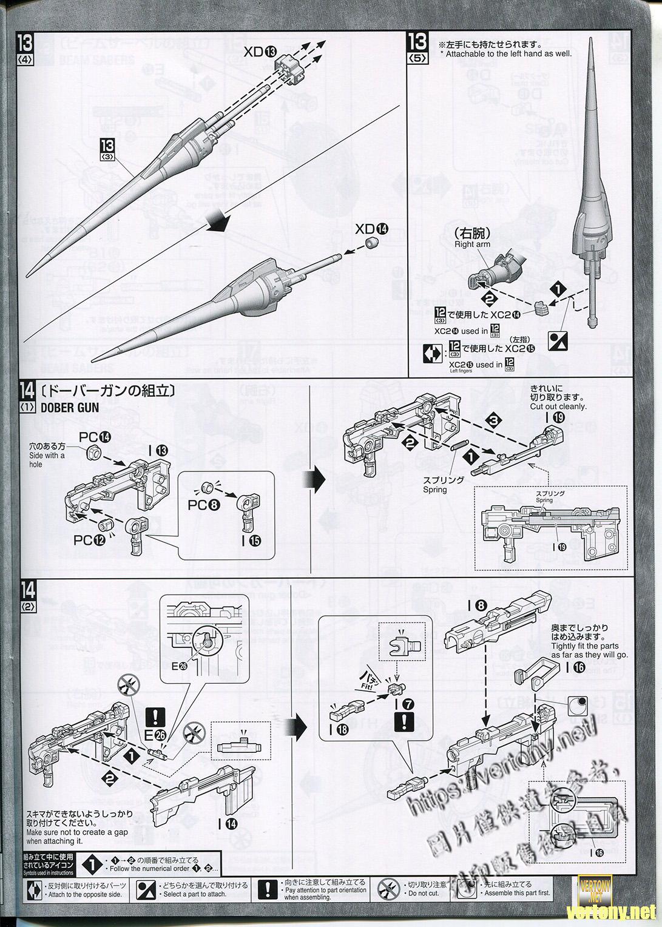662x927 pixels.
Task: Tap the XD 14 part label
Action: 371,229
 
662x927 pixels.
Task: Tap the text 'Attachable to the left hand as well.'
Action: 508,54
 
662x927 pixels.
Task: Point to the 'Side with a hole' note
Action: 46,456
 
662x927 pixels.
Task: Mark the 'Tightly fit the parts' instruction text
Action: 585,646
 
